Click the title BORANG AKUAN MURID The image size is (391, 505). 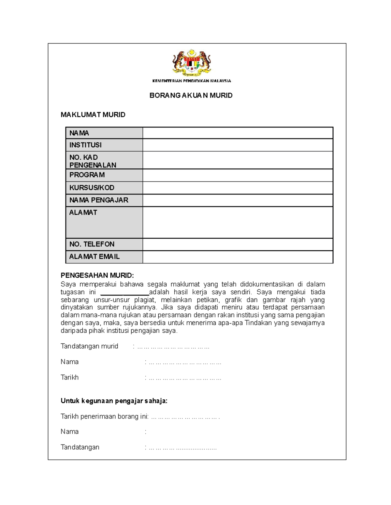(191, 96)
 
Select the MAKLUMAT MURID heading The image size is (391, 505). (93, 115)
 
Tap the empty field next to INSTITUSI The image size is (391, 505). (238, 145)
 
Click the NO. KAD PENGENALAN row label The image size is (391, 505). (93, 161)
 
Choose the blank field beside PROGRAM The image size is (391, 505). (238, 175)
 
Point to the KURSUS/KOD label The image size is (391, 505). (92, 188)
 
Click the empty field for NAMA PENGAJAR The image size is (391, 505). (238, 200)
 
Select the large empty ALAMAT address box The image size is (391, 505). (238, 222)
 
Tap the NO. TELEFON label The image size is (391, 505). (92, 244)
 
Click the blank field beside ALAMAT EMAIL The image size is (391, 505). (238, 257)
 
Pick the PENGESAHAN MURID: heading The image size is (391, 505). (97, 276)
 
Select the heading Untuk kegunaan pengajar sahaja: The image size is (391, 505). (114, 401)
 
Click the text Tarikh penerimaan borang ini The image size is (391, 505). (104, 417)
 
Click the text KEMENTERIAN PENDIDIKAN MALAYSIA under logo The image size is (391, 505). (192, 81)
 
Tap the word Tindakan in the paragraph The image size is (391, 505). (258, 323)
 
